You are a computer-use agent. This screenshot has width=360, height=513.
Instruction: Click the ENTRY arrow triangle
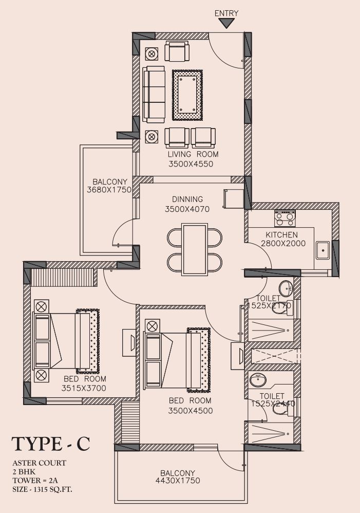pyautogui.click(x=226, y=23)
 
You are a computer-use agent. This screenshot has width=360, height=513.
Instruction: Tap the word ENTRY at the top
pyautogui.click(x=226, y=13)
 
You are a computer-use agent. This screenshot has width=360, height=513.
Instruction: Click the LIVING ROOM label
pyautogui.click(x=193, y=154)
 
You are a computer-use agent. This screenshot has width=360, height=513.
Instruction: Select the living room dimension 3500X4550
pyautogui.click(x=191, y=164)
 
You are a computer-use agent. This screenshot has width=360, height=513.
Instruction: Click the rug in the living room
pyautogui.click(x=187, y=95)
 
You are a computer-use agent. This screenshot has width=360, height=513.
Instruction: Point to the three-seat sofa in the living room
pyautogui.click(x=154, y=95)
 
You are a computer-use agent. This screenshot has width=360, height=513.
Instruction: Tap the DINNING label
pyautogui.click(x=187, y=199)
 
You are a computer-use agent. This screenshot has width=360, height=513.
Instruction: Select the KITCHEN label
pyautogui.click(x=281, y=234)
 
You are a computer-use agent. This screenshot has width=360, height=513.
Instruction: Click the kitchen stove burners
pyautogui.click(x=285, y=218)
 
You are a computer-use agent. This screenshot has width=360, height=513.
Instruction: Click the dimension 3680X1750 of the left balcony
pyautogui.click(x=109, y=190)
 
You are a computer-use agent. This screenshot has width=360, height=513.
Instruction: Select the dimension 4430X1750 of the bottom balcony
pyautogui.click(x=178, y=480)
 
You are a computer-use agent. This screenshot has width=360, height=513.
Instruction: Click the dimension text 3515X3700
pyautogui.click(x=84, y=389)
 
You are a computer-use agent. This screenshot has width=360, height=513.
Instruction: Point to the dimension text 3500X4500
pyautogui.click(x=191, y=411)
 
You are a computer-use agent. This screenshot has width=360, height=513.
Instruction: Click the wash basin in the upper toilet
pyautogui.click(x=286, y=288)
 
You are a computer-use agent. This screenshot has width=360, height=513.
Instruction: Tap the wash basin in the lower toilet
pyautogui.click(x=258, y=380)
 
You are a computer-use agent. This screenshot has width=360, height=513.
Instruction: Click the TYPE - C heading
pyautogui.click(x=51, y=444)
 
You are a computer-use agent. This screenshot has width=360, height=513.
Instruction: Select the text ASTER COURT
pyautogui.click(x=39, y=463)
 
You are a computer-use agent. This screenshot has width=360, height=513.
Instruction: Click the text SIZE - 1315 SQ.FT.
pyautogui.click(x=43, y=490)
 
